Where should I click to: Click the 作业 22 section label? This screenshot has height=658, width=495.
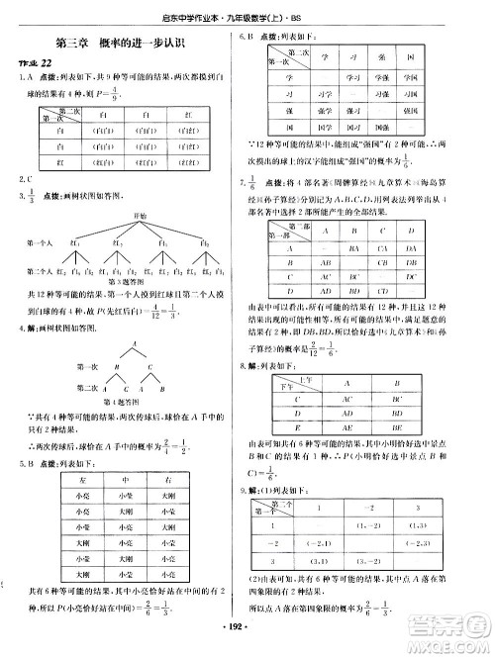tap(31, 63)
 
